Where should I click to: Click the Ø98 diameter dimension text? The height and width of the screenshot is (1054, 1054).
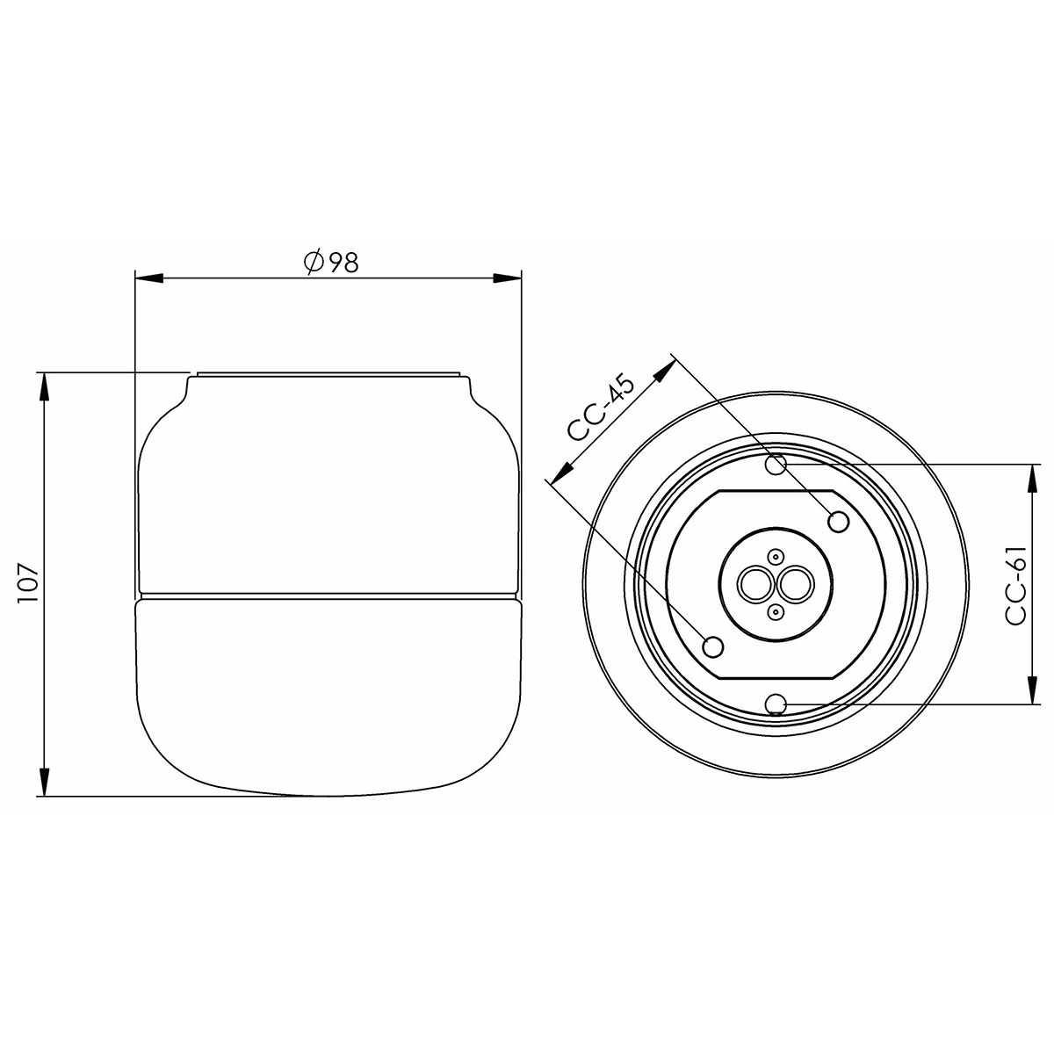tap(329, 262)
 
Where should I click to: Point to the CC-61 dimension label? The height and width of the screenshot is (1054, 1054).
tap(1017, 584)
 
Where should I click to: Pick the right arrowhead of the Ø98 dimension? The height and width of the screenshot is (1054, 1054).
tap(509, 279)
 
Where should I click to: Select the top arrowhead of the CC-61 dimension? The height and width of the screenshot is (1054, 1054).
tap(1029, 478)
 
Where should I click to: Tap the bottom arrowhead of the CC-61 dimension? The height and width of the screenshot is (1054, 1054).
tap(1029, 689)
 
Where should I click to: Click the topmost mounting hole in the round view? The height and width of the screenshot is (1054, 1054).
tap(775, 464)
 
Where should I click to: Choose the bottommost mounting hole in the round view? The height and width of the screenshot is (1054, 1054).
tap(775, 704)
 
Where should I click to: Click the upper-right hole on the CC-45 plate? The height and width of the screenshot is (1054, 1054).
tap(839, 522)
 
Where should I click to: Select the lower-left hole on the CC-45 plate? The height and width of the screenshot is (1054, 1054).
tap(714, 646)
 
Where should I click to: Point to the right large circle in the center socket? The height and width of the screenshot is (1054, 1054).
tap(796, 583)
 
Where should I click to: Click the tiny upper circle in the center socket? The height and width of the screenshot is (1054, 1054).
tap(776, 556)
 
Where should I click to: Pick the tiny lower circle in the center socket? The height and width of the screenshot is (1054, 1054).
tap(776, 611)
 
